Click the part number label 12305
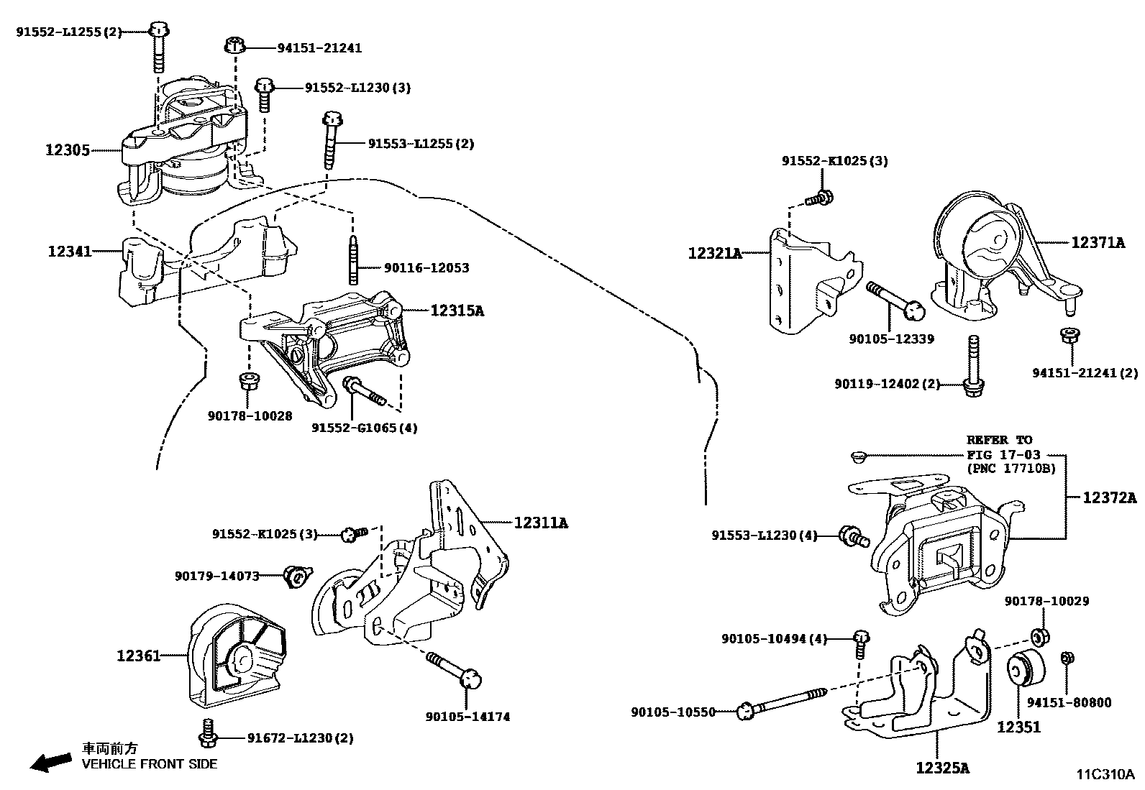[x=68, y=150]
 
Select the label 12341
[x=69, y=252]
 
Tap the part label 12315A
[x=457, y=311]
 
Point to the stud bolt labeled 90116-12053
[x=355, y=259]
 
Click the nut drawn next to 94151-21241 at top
[x=234, y=45]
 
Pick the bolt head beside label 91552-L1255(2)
[x=158, y=30]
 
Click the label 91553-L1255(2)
[x=421, y=144]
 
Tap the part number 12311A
[x=540, y=523]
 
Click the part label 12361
[x=138, y=656]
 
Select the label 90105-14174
[x=467, y=717]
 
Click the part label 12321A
[x=714, y=253]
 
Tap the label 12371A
[x=1097, y=243]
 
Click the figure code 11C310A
[x=1105, y=774]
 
